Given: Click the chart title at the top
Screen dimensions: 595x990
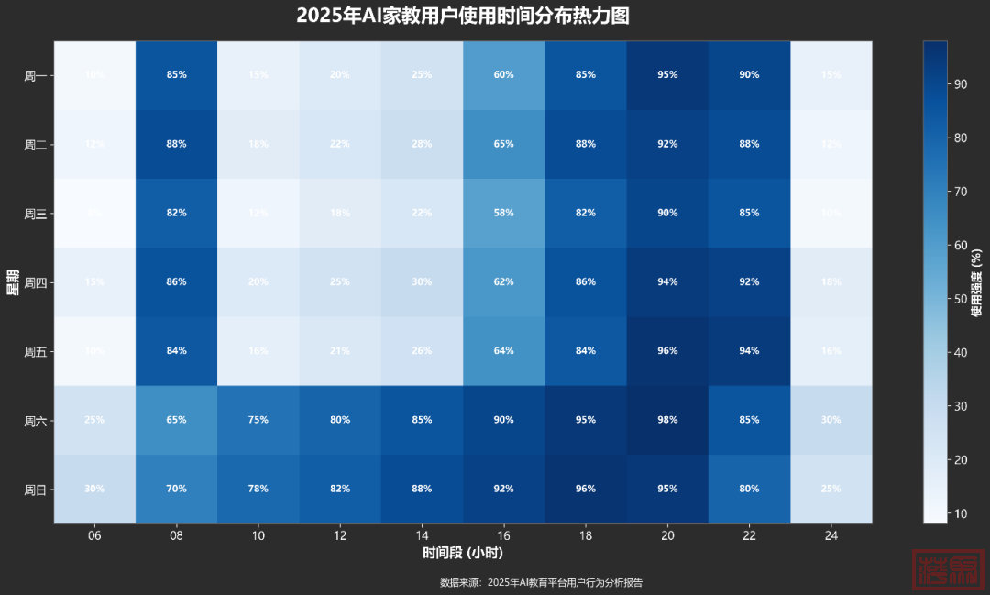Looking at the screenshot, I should [x=463, y=16].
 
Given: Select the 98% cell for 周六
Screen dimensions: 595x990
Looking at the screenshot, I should [x=667, y=420].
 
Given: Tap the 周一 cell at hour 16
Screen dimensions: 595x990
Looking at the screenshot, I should [x=503, y=75].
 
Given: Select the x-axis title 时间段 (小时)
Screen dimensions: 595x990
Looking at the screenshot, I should [x=463, y=554].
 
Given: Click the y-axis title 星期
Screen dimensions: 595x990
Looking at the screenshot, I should [x=13, y=282].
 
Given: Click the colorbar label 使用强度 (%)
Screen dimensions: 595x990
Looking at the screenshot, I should [x=977, y=282].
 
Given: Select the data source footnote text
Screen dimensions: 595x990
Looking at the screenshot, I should [x=541, y=582].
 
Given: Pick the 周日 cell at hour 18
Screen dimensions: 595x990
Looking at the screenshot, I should [x=585, y=489].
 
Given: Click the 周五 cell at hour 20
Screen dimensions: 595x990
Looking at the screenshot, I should [x=667, y=351].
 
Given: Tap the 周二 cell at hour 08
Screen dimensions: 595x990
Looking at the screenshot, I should [x=176, y=144].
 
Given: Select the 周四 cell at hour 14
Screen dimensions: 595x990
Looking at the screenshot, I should [x=422, y=282].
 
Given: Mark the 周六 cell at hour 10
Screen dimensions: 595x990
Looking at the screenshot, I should [x=258, y=420].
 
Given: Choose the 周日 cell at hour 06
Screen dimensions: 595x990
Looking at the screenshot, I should [x=94, y=489].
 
